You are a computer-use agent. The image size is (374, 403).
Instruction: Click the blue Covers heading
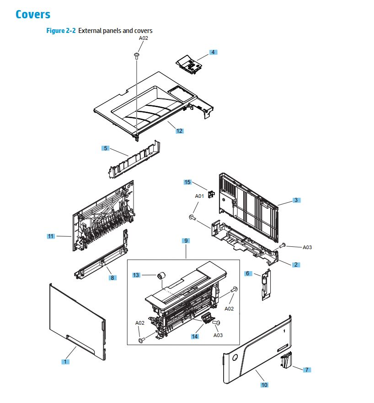33,14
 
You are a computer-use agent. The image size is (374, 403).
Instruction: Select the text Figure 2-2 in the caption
61,31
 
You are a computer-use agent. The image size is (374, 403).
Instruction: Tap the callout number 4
213,52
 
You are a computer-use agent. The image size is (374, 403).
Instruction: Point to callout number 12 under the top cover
179,131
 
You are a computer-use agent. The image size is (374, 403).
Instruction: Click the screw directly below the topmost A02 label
136,55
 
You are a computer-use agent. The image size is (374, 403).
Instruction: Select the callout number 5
106,148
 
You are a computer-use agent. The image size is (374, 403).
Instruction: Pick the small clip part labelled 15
211,195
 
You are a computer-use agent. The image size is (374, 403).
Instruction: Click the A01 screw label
199,196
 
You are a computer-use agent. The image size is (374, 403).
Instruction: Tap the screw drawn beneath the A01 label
192,218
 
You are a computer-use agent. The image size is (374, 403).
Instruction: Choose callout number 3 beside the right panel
296,200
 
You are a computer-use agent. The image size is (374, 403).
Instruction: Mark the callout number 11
51,236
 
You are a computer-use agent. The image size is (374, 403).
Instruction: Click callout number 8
112,278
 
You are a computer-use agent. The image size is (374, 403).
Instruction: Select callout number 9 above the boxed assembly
186,240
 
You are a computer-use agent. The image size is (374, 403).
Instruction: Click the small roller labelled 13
160,276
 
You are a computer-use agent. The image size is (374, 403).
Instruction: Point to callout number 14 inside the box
195,336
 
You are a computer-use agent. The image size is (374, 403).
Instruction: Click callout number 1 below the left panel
66,362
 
